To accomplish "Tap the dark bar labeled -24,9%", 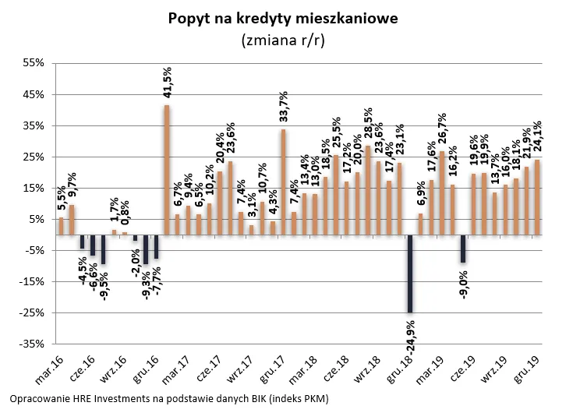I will click(410, 274).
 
